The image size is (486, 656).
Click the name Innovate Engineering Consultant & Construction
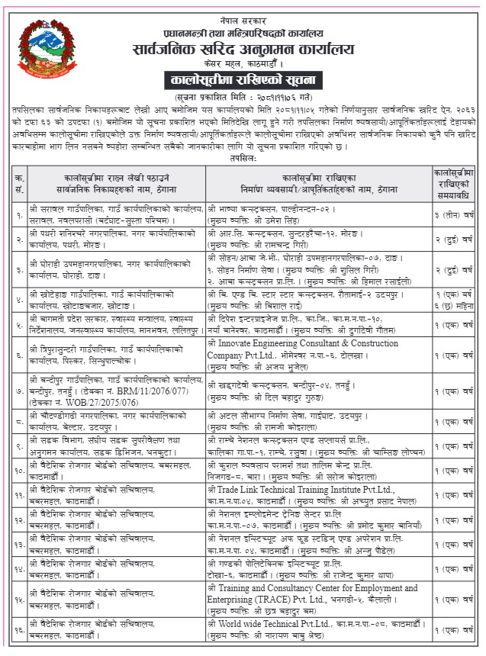[312, 345]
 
